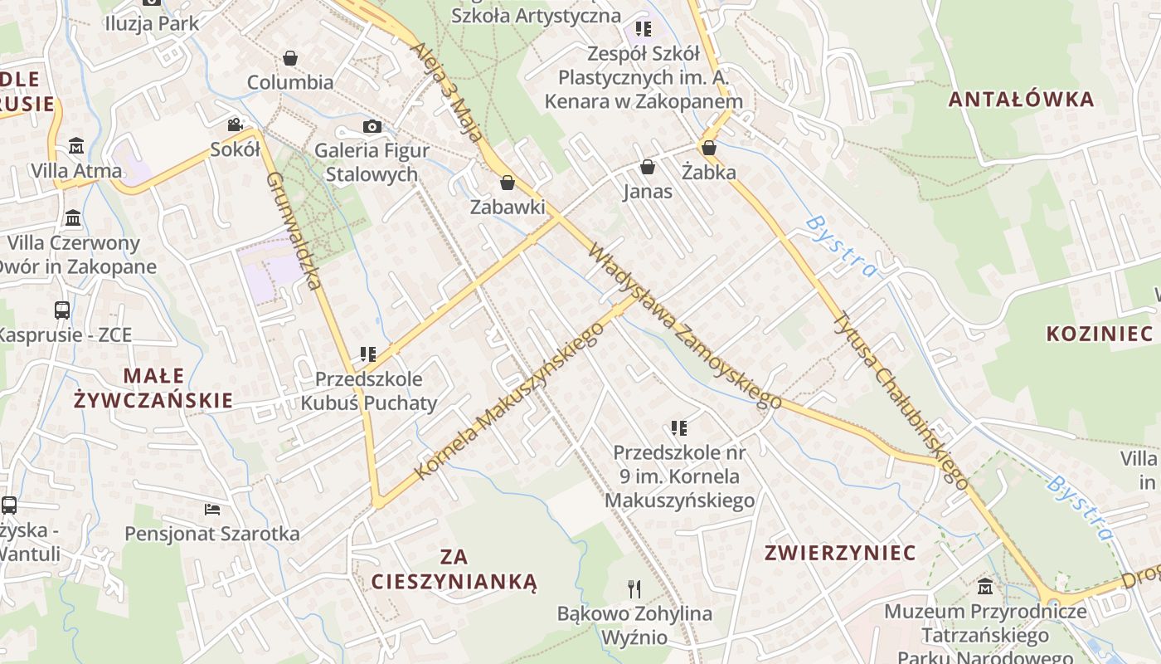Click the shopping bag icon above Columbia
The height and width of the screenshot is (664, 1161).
[290, 58]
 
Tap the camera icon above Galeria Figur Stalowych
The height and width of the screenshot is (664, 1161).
[372, 126]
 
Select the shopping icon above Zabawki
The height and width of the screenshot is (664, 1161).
[508, 183]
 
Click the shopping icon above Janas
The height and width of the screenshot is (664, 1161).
[648, 167]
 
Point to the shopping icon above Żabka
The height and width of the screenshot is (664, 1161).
[709, 148]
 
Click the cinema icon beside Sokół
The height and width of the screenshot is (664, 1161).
[236, 124]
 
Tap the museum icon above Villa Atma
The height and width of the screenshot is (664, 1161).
[76, 146]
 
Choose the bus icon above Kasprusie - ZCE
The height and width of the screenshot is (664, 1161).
[62, 310]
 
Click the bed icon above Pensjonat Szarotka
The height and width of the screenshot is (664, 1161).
[212, 509]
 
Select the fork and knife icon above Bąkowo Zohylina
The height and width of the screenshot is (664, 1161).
[634, 589]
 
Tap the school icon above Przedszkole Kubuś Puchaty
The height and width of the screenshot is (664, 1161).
[368, 354]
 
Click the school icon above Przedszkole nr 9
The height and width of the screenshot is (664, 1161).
[679, 428]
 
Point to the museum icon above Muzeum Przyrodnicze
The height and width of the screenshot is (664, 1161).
[985, 586]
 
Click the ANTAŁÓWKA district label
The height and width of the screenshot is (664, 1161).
[1021, 100]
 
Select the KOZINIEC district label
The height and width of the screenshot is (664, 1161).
[1100, 334]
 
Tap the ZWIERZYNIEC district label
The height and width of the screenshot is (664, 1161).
[840, 553]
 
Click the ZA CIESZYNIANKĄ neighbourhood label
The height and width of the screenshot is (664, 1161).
[454, 569]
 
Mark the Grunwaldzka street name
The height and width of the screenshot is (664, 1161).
[294, 231]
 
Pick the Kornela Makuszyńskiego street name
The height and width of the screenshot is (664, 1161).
[509, 401]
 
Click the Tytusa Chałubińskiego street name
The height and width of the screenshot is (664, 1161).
[901, 400]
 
